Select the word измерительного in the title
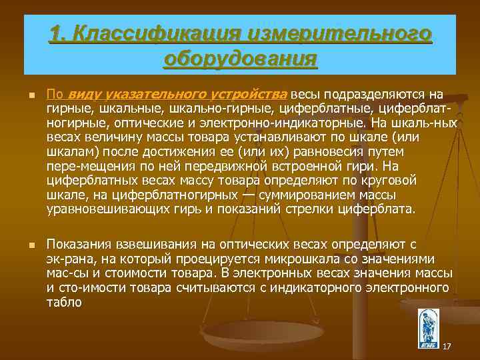(x=339, y=33)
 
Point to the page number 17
(x=447, y=346)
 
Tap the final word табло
(x=64, y=302)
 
